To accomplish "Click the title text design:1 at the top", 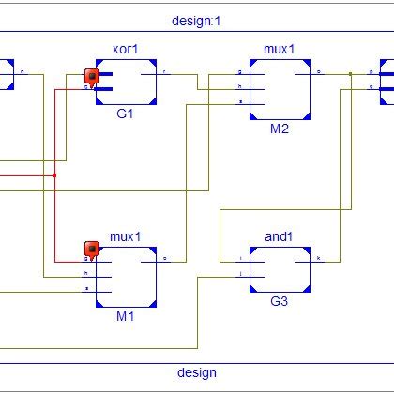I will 197,20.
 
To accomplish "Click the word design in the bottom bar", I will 197,372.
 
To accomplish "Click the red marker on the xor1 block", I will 92,76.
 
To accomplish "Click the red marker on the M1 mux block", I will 92,249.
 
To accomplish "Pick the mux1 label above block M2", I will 280,47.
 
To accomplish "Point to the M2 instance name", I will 280,129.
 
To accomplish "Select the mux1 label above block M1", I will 126,237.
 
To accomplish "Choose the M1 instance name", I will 126,317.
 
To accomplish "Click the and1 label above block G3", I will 280,237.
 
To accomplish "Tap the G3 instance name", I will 280,302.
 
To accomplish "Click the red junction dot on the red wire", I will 55,175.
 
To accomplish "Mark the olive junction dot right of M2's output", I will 350,72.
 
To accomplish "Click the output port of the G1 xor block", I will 165,72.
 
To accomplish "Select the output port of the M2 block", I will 318,72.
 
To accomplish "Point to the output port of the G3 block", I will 318,257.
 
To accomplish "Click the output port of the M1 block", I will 165,258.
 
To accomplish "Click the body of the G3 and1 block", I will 280,269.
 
